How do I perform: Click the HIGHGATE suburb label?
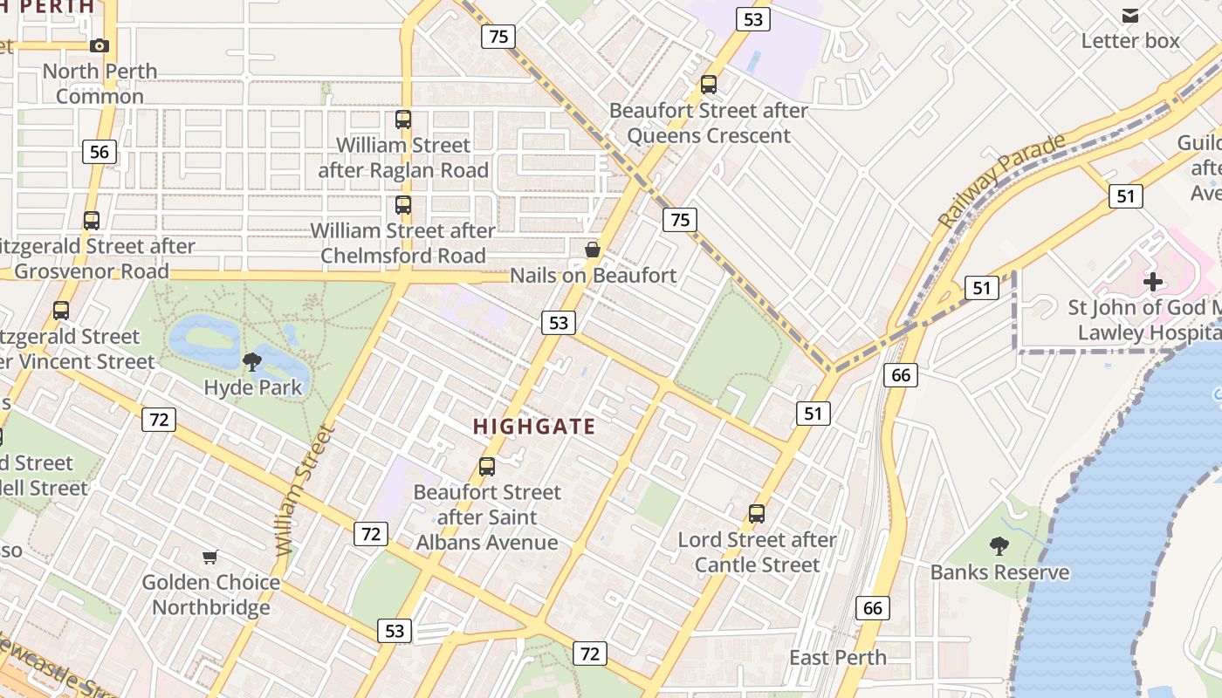point(534,427)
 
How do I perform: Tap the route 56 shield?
point(100,152)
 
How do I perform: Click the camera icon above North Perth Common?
point(100,45)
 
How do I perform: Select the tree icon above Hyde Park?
point(252,361)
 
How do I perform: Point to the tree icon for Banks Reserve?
point(999,547)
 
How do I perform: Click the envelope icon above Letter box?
point(1130,15)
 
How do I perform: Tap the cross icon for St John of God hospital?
point(1153,282)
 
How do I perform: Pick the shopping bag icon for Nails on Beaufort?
point(593,250)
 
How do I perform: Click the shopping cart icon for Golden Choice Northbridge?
point(210,557)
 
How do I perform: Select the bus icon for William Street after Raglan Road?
point(403,120)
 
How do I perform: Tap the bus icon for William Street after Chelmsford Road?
point(403,205)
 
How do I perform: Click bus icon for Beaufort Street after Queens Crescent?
point(709,85)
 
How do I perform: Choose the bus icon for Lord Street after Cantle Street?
point(757,514)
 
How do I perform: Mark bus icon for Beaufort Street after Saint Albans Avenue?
point(487,467)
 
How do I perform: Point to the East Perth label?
point(838,657)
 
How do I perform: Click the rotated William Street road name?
point(303,491)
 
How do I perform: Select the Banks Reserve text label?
point(999,572)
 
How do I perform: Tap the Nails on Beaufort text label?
point(593,276)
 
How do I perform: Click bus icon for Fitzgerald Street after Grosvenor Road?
point(92,221)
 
